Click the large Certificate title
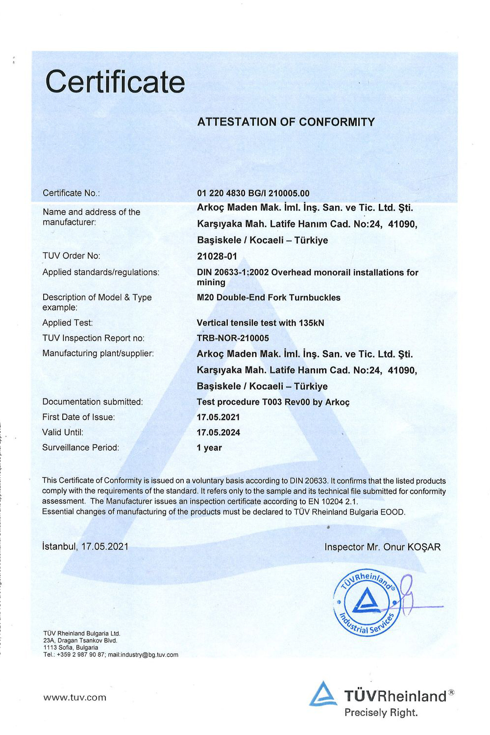click(115, 81)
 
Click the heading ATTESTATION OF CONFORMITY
click(286, 122)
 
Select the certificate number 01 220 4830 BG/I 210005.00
click(253, 193)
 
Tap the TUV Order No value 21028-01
click(217, 256)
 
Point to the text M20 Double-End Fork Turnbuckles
click(269, 297)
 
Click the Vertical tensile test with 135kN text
click(260, 323)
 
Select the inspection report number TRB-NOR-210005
click(233, 338)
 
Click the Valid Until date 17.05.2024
click(218, 433)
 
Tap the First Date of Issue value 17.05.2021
click(218, 417)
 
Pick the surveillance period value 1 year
click(209, 448)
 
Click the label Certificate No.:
click(71, 193)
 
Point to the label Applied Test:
click(68, 323)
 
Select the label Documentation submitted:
click(93, 402)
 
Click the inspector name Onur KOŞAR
click(412, 547)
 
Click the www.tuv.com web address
click(74, 697)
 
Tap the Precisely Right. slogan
click(381, 712)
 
